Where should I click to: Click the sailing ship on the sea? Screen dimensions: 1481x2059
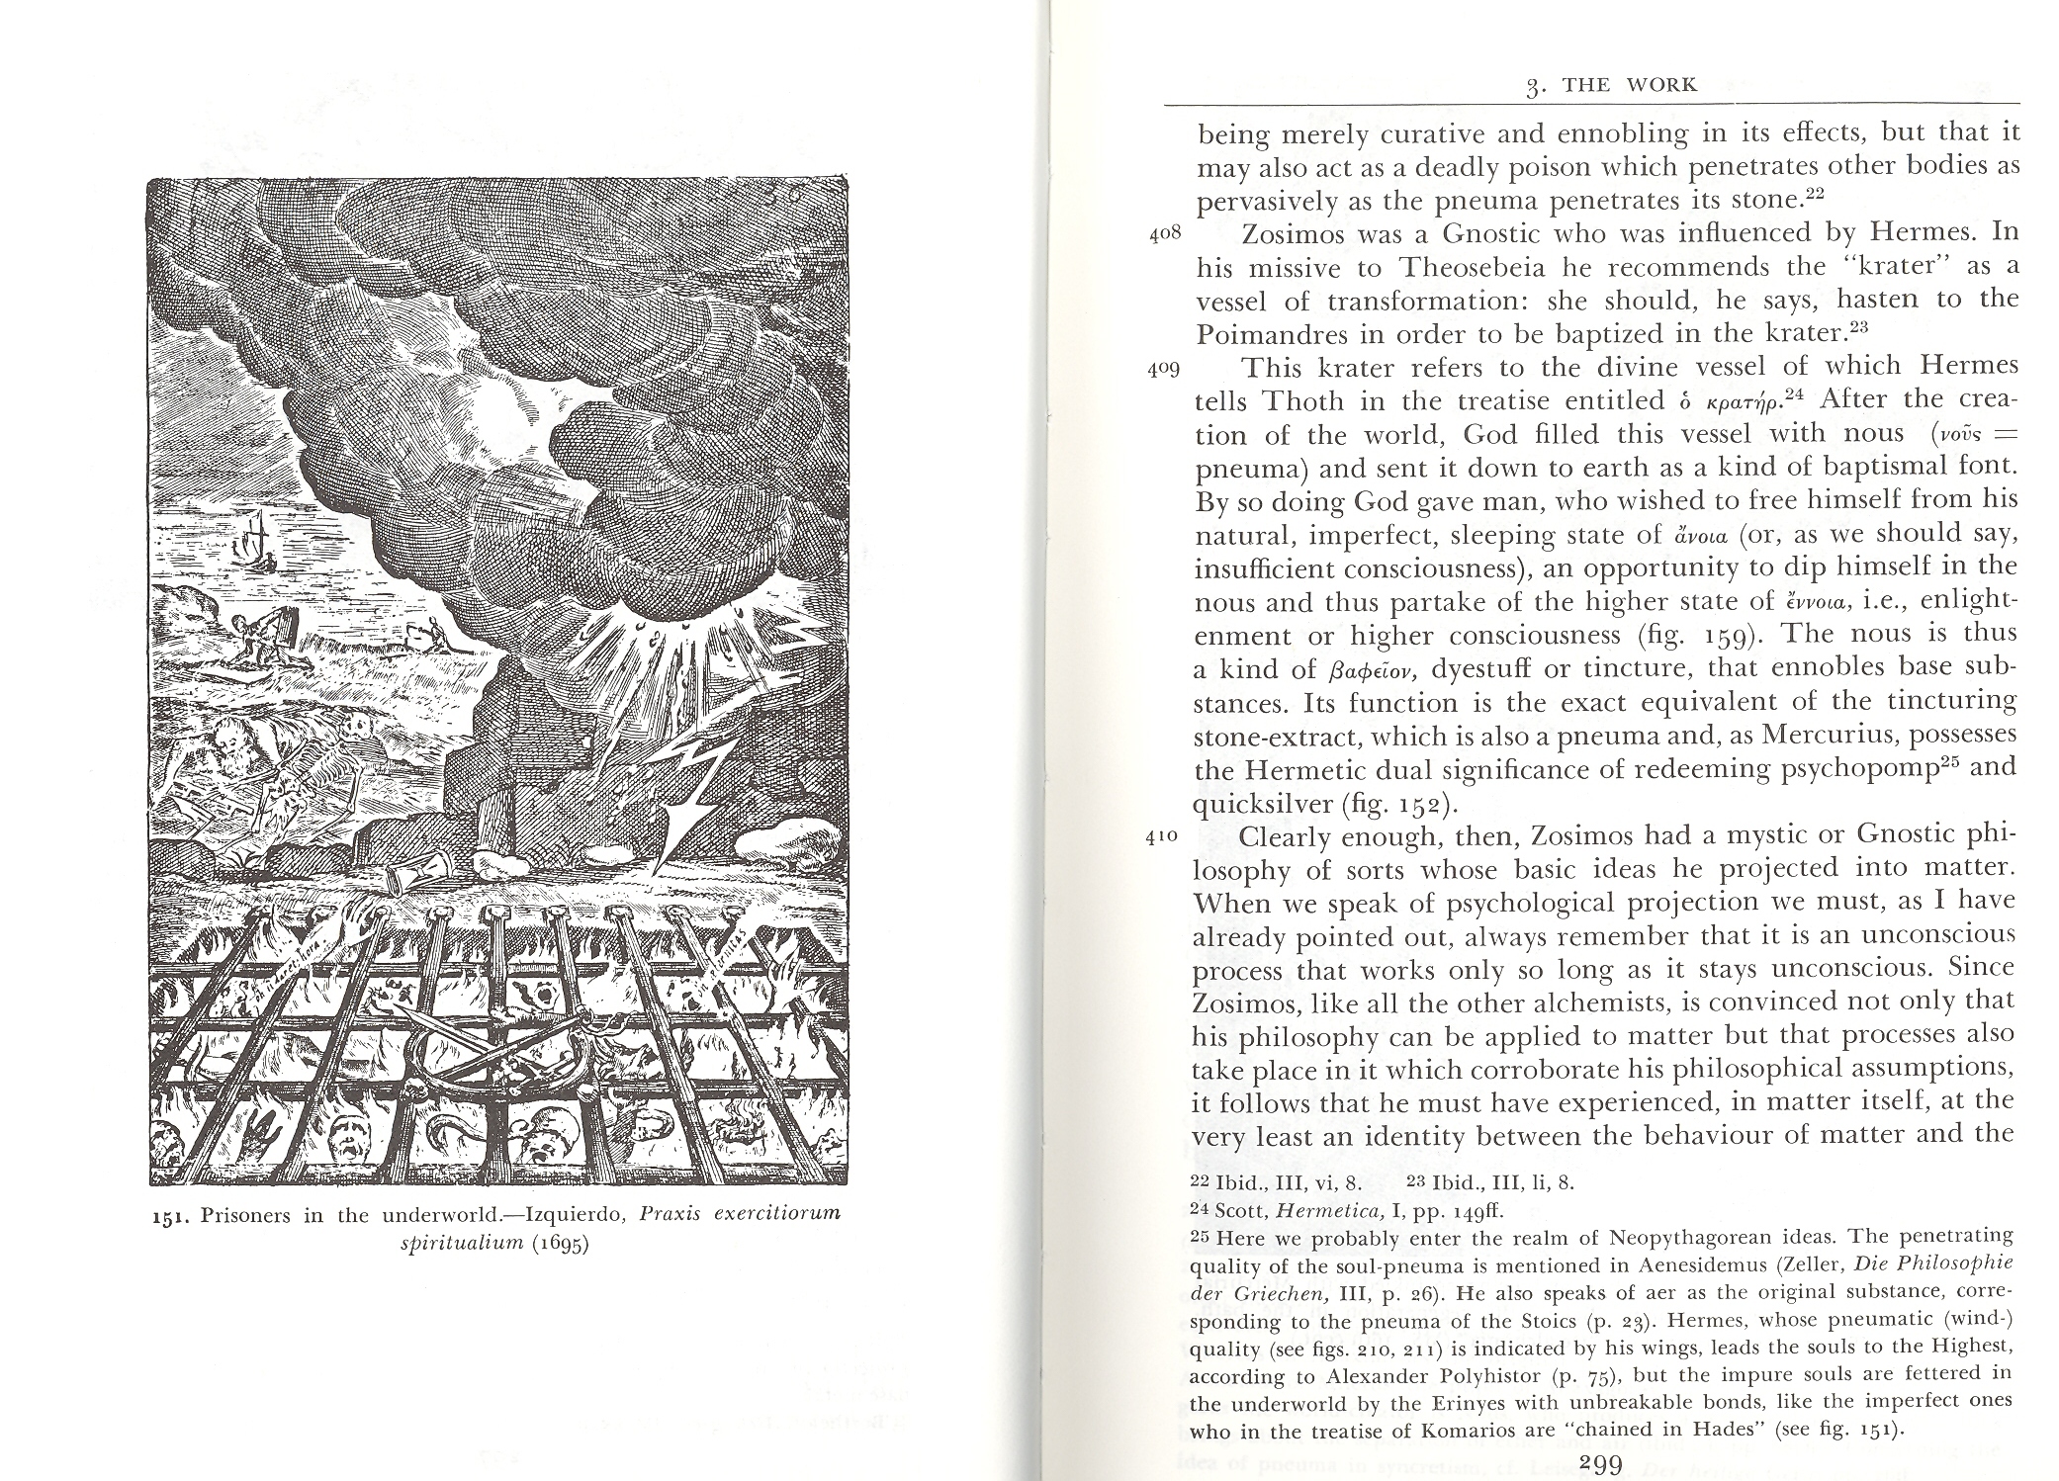pyautogui.click(x=256, y=538)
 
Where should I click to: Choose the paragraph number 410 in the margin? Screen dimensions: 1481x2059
pyautogui.click(x=1164, y=834)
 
